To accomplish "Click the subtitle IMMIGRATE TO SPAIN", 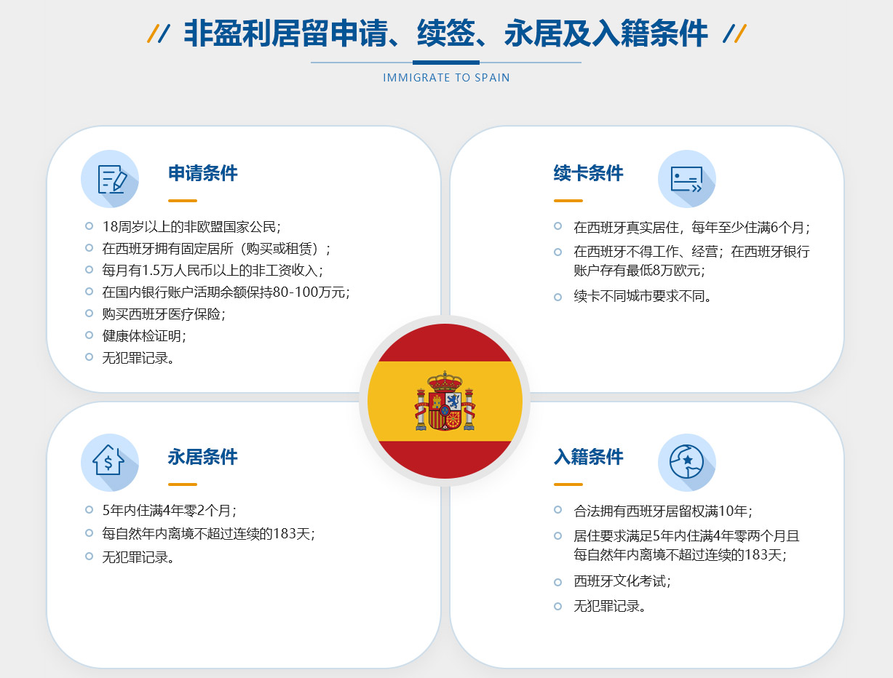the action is [446, 78].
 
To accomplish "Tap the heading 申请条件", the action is [203, 173].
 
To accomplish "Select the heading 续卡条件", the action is [588, 173].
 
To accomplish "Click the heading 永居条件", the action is [203, 457].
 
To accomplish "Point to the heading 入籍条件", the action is [588, 457].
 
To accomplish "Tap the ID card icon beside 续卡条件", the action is [687, 179].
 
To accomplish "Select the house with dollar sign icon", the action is [108, 460].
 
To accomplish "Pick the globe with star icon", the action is [687, 462].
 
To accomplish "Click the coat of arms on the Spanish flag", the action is [445, 401].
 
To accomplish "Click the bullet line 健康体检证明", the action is [144, 336].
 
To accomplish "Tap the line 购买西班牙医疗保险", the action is [164, 314].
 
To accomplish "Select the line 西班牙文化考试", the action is [622, 581].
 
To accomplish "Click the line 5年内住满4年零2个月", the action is [170, 511].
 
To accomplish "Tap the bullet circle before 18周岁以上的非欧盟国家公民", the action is [89, 226].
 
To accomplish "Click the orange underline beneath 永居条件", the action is [183, 484].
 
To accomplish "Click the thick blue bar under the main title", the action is [446, 63].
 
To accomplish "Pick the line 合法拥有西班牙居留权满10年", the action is [663, 511].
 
